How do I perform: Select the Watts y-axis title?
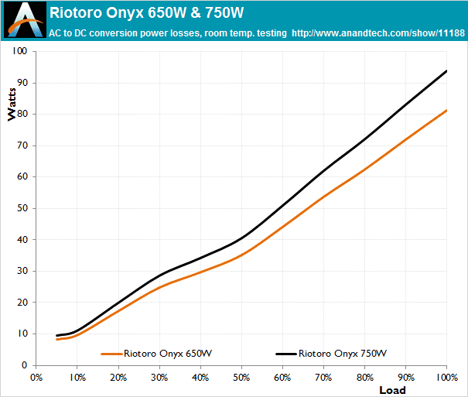pos(12,104)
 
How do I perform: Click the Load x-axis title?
pos(392,389)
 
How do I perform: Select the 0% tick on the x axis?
pos(36,378)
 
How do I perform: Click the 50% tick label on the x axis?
pos(241,378)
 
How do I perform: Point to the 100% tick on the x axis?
pos(446,378)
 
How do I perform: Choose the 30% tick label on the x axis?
pos(159,378)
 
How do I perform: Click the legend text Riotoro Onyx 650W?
pos(168,354)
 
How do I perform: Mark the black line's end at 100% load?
pos(447,70)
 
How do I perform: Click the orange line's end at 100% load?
pos(447,110)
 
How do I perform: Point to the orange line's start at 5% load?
pos(56,339)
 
